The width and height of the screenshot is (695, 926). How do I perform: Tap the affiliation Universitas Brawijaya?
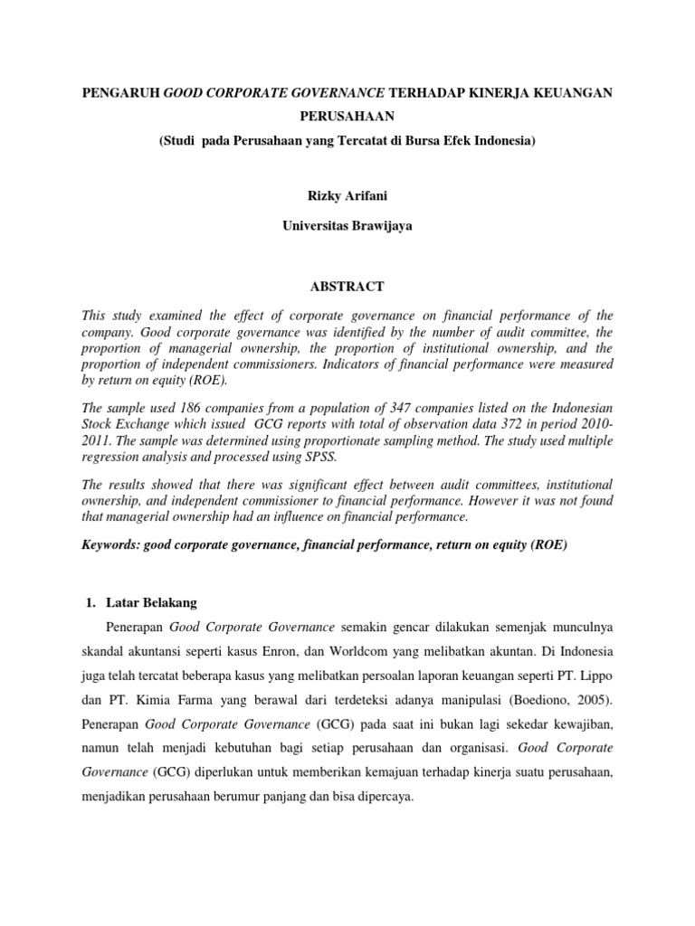[x=347, y=226]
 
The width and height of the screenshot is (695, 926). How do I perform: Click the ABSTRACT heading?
[x=347, y=287]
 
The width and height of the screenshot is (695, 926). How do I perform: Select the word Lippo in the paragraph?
[x=595, y=676]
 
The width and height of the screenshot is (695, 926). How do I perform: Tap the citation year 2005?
[x=589, y=700]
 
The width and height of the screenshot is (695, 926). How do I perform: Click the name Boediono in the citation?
[x=541, y=700]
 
